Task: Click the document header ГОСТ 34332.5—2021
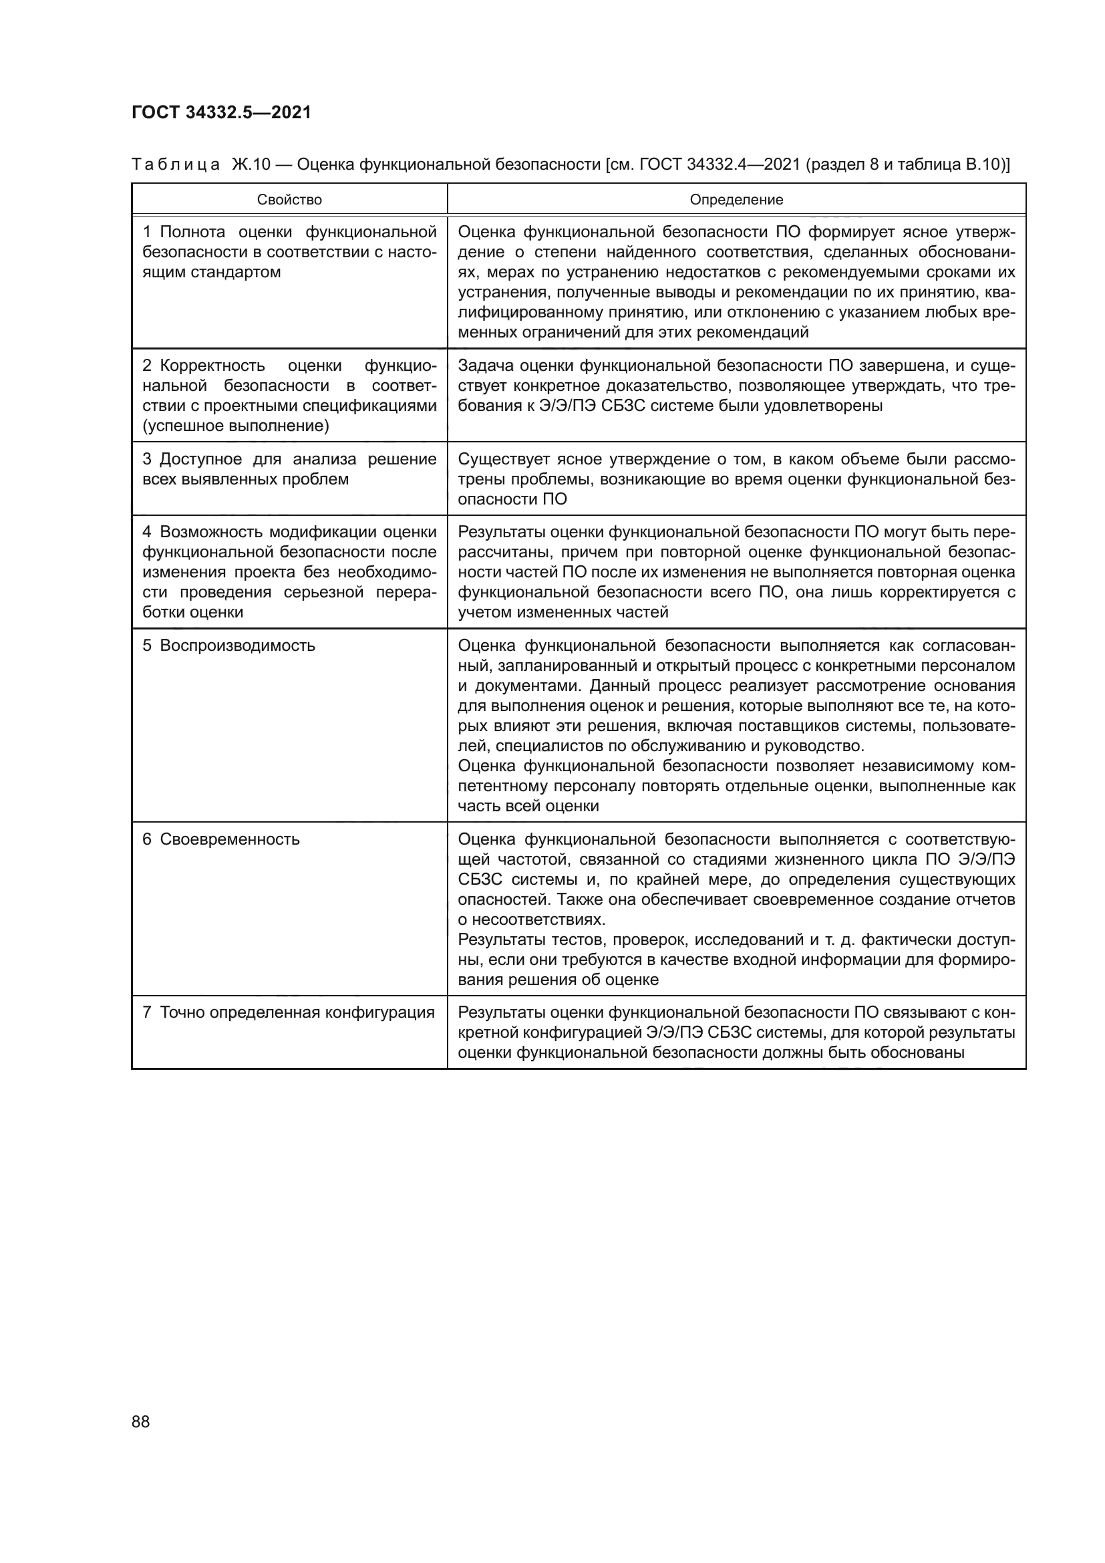(221, 113)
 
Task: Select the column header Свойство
(289, 199)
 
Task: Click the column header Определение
(736, 199)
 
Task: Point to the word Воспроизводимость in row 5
(237, 645)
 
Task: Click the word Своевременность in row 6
(230, 839)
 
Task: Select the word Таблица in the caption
(176, 164)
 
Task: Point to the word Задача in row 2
(482, 366)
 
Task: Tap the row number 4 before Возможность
(146, 532)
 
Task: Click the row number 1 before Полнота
(146, 232)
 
